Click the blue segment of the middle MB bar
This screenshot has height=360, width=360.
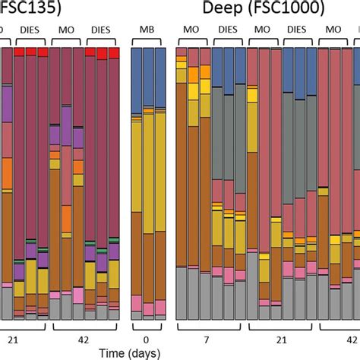148,80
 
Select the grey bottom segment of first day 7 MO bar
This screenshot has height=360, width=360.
182,292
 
